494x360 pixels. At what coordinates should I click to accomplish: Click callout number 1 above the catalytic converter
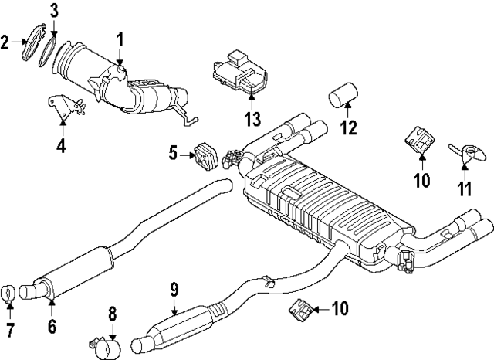point(120,38)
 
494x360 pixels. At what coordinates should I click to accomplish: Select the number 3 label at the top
point(54,10)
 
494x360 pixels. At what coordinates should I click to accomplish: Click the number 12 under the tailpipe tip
point(350,127)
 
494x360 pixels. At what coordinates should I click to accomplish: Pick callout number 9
point(174,290)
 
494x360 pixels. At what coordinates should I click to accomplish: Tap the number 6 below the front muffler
point(51,326)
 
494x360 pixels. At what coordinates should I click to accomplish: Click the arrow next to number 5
point(189,155)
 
